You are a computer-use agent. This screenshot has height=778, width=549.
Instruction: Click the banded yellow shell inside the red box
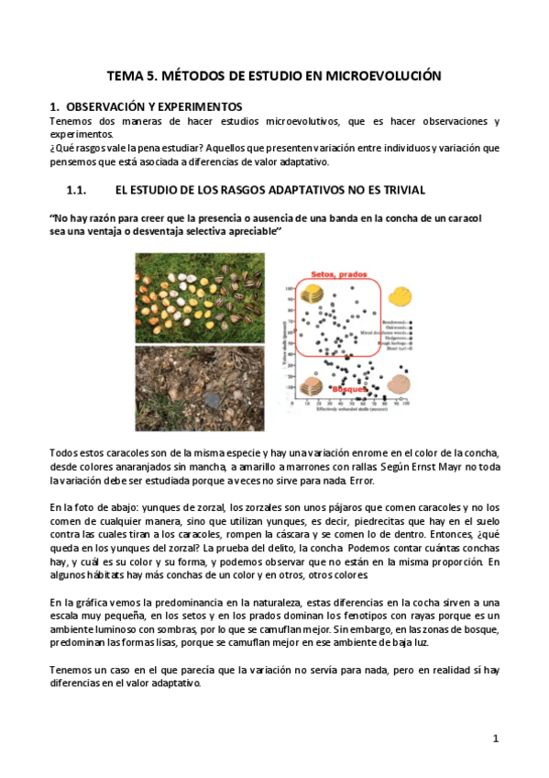314,295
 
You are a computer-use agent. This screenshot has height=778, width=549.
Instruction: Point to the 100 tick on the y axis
291,287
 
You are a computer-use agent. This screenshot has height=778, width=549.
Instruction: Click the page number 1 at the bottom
495,738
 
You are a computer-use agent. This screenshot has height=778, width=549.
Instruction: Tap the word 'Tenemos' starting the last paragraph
70,672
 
